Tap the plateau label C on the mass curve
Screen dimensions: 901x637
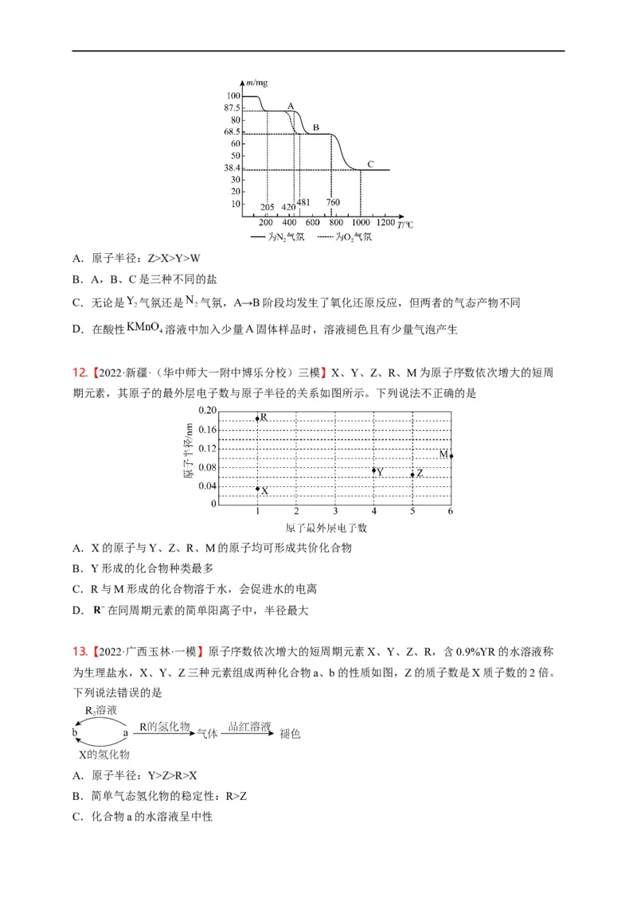(x=370, y=164)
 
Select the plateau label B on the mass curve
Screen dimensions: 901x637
(x=315, y=127)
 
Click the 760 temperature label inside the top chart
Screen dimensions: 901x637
(x=333, y=202)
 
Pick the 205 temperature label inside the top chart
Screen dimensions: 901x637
(x=268, y=208)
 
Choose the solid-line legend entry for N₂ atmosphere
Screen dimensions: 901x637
(x=276, y=236)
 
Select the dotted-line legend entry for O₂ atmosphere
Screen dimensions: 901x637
(x=342, y=236)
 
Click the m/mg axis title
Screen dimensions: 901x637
(x=256, y=83)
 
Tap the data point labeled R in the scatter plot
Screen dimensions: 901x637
(x=257, y=418)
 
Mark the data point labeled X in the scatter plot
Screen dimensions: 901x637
(x=257, y=489)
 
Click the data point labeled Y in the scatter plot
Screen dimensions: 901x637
(x=374, y=470)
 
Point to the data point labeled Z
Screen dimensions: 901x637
(x=412, y=474)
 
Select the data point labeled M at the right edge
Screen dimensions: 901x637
(x=451, y=455)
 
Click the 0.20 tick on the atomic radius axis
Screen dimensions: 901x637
(x=206, y=410)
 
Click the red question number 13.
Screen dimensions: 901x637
(x=78, y=649)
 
